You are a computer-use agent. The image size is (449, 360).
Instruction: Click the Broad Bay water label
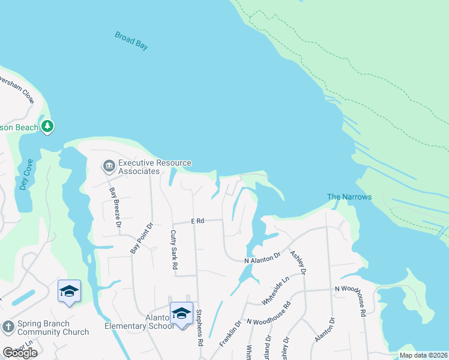pyautogui.click(x=131, y=41)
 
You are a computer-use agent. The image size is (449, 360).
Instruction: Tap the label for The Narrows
pyautogui.click(x=349, y=197)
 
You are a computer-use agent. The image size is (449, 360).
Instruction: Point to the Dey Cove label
pyautogui.click(x=25, y=175)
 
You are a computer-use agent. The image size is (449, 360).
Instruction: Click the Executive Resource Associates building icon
pyautogui.click(x=109, y=164)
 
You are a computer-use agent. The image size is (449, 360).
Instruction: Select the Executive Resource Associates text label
pyautogui.click(x=154, y=167)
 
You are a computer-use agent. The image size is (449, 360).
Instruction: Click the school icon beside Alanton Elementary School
pyautogui.click(x=181, y=313)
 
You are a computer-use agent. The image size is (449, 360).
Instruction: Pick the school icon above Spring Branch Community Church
pyautogui.click(x=69, y=291)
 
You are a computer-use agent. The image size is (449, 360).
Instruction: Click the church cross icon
pyautogui.click(x=8, y=326)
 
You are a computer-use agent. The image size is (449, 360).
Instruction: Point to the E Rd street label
pyautogui.click(x=198, y=221)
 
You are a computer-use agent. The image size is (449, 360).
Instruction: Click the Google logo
pyautogui.click(x=20, y=353)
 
